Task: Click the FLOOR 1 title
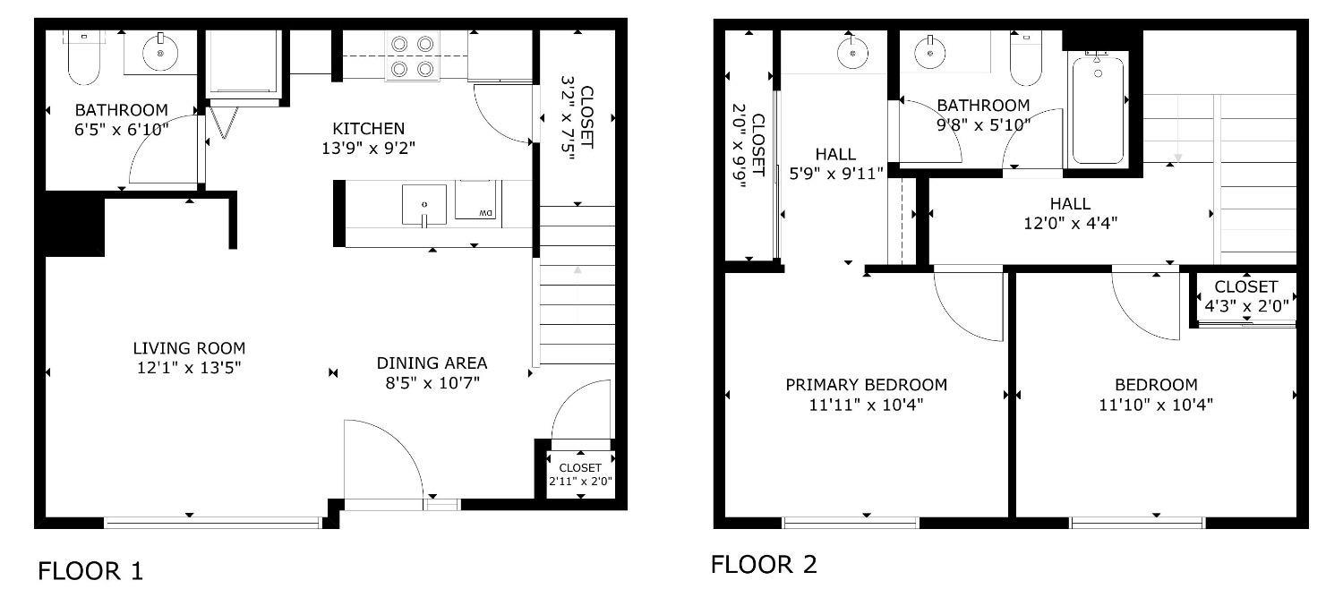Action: click(x=90, y=570)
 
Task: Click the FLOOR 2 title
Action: click(x=764, y=565)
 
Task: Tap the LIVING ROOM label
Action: click(x=189, y=348)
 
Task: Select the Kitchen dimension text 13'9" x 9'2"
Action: click(x=368, y=148)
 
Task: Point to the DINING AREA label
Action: click(x=432, y=363)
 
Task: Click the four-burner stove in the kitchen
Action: click(x=413, y=56)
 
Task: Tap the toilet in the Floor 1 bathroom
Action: click(x=84, y=57)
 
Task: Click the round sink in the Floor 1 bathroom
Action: click(x=160, y=53)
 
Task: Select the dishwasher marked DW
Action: click(x=475, y=201)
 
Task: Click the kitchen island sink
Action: click(x=423, y=205)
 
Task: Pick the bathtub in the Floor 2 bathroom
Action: click(x=1098, y=108)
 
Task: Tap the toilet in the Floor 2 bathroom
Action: click(x=1025, y=58)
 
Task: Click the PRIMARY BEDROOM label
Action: click(x=867, y=385)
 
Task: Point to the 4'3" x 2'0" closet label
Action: click(x=1246, y=306)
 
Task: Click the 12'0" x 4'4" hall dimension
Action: click(x=1070, y=224)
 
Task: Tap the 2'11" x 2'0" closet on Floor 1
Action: click(x=580, y=474)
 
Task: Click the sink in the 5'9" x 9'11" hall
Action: click(x=852, y=53)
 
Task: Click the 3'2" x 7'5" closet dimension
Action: click(x=568, y=118)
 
